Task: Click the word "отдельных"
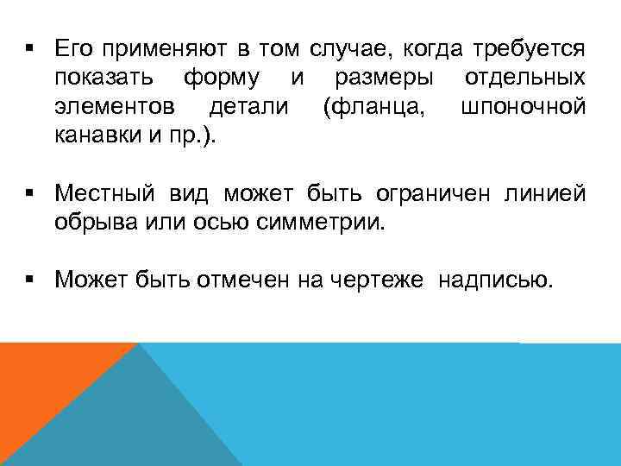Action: pyautogui.click(x=525, y=78)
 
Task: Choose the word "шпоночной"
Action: pyautogui.click(x=524, y=107)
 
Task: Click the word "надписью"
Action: pyautogui.click(x=493, y=280)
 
